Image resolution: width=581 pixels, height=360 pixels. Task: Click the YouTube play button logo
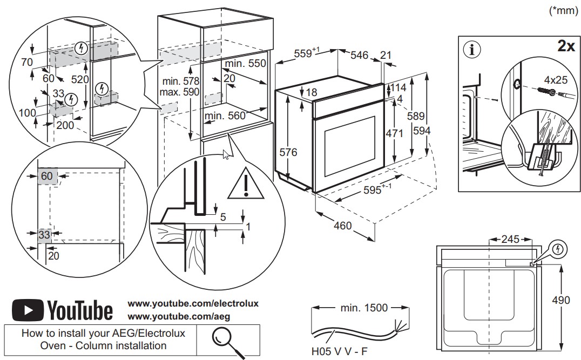pyautogui.click(x=27, y=310)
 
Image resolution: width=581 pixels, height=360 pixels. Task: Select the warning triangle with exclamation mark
pyautogui.click(x=246, y=185)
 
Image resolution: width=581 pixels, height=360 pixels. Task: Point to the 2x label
pyautogui.click(x=565, y=46)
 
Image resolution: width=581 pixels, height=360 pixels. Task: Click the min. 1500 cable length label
pyautogui.click(x=364, y=308)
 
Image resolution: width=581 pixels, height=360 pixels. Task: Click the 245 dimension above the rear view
pyautogui.click(x=510, y=238)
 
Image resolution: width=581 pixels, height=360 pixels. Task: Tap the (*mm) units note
pyautogui.click(x=564, y=11)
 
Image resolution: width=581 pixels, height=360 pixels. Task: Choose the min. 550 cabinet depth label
pyautogui.click(x=246, y=63)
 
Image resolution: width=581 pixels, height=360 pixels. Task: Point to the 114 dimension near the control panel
pyautogui.click(x=400, y=87)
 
